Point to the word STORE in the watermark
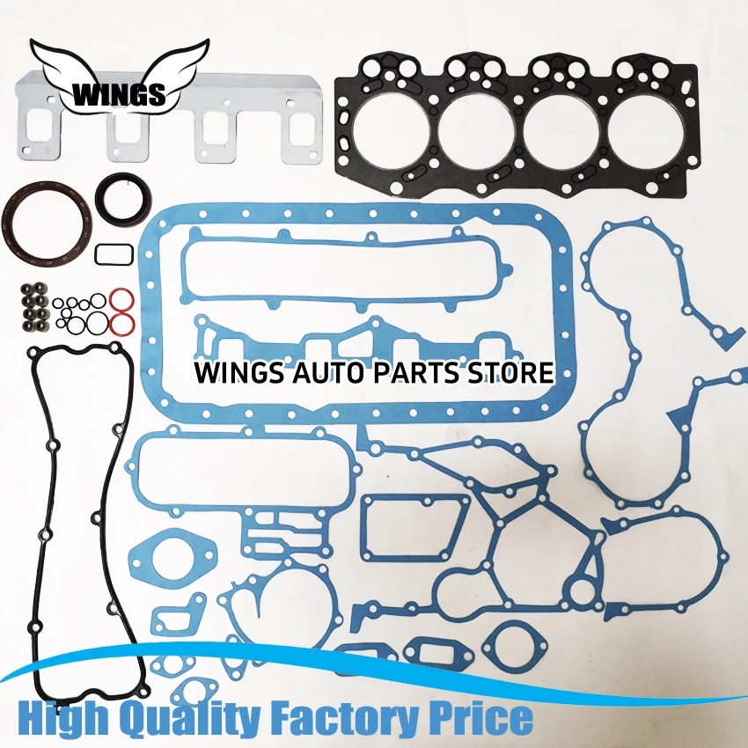pyautogui.click(x=510, y=371)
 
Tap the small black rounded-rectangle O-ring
pyautogui.click(x=108, y=253)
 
